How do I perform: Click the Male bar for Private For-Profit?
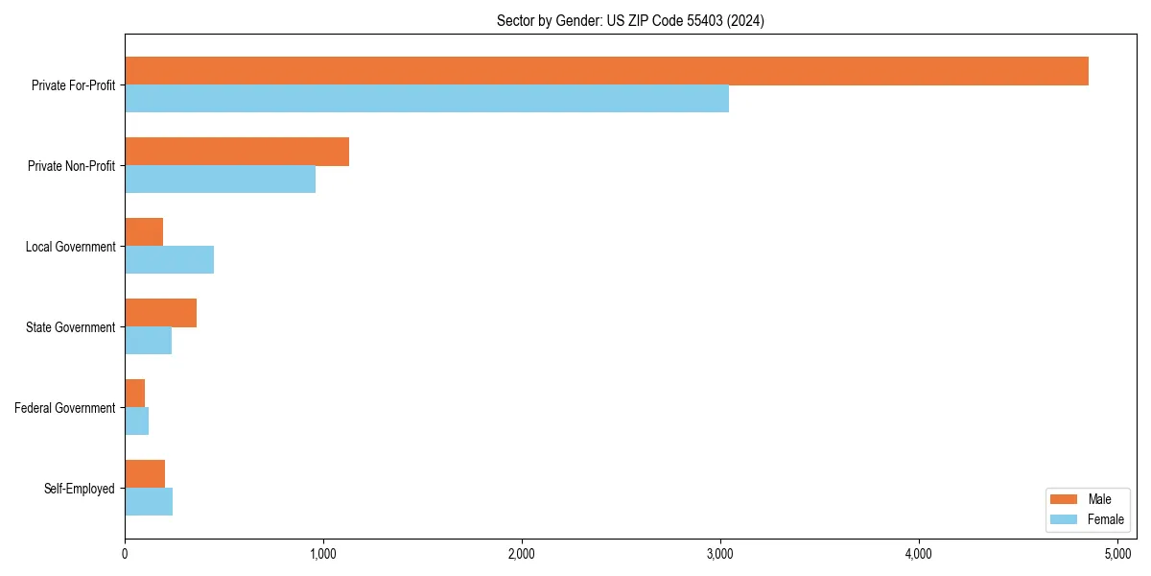pyautogui.click(x=606, y=71)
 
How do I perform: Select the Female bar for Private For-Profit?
pyautogui.click(x=427, y=99)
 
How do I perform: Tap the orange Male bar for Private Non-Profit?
pyautogui.click(x=237, y=152)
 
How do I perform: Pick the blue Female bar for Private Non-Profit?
pyautogui.click(x=220, y=180)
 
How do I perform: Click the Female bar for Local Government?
pyautogui.click(x=169, y=260)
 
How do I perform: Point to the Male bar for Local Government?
pyautogui.click(x=144, y=232)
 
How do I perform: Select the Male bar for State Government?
pyautogui.click(x=160, y=313)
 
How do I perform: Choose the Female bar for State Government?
pyautogui.click(x=148, y=341)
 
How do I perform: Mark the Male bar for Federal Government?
pyautogui.click(x=134, y=394)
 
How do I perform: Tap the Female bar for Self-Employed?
pyautogui.click(x=149, y=502)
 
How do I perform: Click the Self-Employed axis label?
pyautogui.click(x=80, y=489)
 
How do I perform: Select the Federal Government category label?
pyautogui.click(x=65, y=408)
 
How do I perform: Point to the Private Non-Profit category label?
pyautogui.click(x=71, y=166)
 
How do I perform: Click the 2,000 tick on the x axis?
pyautogui.click(x=522, y=554)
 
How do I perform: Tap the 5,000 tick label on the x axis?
pyautogui.click(x=1117, y=554)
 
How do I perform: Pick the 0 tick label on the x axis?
pyautogui.click(x=125, y=554)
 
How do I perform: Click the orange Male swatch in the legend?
pyautogui.click(x=1065, y=499)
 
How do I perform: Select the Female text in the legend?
pyautogui.click(x=1106, y=519)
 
